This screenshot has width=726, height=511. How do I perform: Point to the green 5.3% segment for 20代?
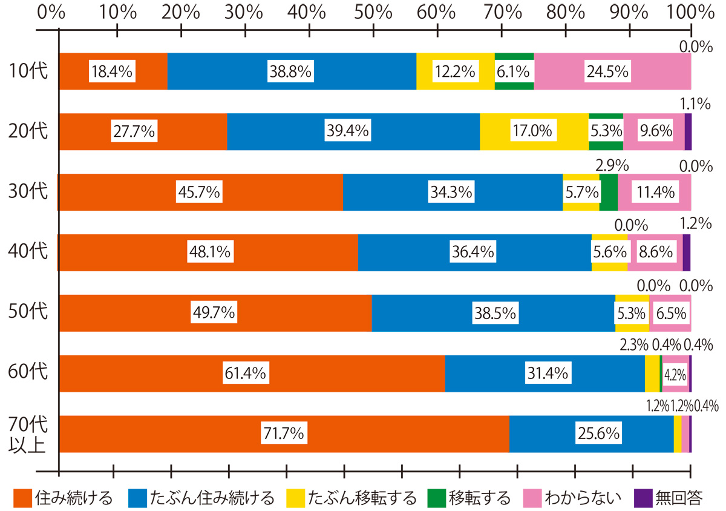point(606,131)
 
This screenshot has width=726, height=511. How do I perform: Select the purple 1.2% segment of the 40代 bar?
point(687,252)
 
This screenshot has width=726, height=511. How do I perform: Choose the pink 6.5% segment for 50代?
point(670,313)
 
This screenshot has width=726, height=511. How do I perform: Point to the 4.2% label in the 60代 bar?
point(675,374)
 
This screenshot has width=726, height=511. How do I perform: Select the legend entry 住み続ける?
point(64,498)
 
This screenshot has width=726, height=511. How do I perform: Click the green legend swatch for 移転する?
point(436,498)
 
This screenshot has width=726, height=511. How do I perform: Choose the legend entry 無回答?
point(669,498)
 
